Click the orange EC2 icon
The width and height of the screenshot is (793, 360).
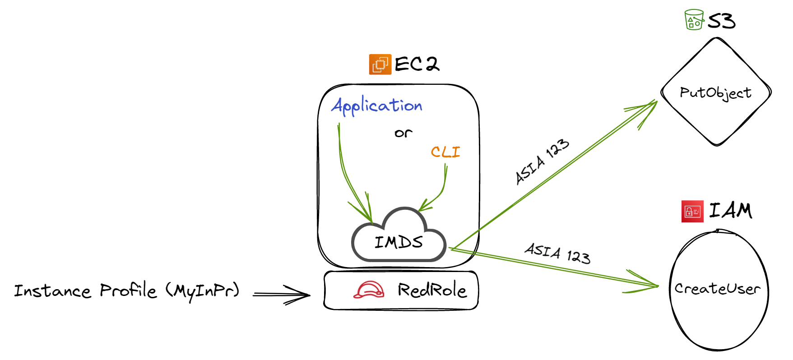(380, 64)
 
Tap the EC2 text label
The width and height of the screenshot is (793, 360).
(416, 64)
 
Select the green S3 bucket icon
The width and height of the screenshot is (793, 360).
(694, 20)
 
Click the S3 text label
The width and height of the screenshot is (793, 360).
(721, 21)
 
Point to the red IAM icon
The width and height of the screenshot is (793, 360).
(692, 211)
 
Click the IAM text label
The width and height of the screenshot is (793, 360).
(730, 211)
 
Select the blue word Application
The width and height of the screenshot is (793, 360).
(377, 106)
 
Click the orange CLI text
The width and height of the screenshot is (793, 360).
(445, 152)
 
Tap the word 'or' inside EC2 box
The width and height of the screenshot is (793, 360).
(403, 133)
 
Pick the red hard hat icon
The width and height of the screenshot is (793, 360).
(369, 290)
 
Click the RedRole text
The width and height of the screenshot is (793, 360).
(431, 290)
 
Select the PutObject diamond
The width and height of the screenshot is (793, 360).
(716, 92)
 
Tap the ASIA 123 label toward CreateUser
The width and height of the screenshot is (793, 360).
(557, 254)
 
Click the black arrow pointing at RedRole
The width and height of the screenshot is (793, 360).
(282, 295)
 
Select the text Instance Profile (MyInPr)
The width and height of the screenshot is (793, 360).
(126, 291)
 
